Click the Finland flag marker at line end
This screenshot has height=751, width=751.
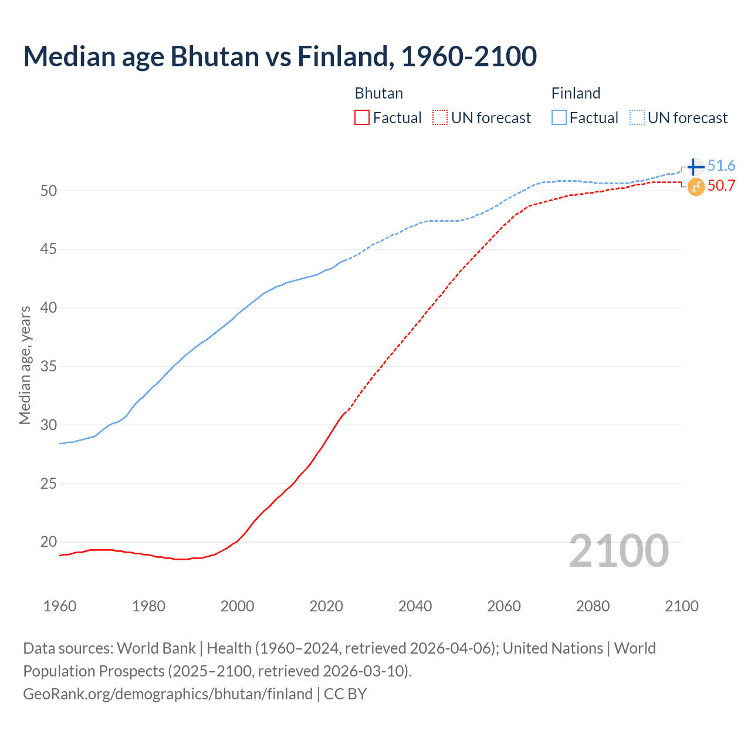pyautogui.click(x=696, y=167)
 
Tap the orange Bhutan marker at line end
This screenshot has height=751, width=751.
pyautogui.click(x=696, y=187)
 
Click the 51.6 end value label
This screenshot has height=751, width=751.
pyautogui.click(x=721, y=166)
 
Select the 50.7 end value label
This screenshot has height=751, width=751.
pyautogui.click(x=721, y=186)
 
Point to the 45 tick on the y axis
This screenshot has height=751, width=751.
pyautogui.click(x=49, y=249)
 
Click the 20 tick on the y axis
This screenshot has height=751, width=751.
pyautogui.click(x=49, y=542)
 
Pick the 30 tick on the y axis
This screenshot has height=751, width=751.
pyautogui.click(x=49, y=425)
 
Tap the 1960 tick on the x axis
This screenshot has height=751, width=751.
pyautogui.click(x=60, y=606)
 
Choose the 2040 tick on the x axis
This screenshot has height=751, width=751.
pyautogui.click(x=415, y=606)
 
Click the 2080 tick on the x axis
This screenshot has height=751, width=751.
pyautogui.click(x=593, y=606)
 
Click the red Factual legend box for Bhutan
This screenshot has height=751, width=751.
pyautogui.click(x=362, y=118)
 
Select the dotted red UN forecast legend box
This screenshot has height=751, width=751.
pyautogui.click(x=440, y=118)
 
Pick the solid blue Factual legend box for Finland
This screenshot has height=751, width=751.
pyautogui.click(x=559, y=118)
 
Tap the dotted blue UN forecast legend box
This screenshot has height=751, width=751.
pyautogui.click(x=637, y=118)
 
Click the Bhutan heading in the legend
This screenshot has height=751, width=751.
pyautogui.click(x=379, y=93)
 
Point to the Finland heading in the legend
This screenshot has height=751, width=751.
pyautogui.click(x=576, y=93)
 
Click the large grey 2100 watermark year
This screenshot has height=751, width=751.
pyautogui.click(x=618, y=551)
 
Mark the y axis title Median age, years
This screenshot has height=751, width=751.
pyautogui.click(x=25, y=365)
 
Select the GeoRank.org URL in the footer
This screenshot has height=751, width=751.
pyautogui.click(x=168, y=694)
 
